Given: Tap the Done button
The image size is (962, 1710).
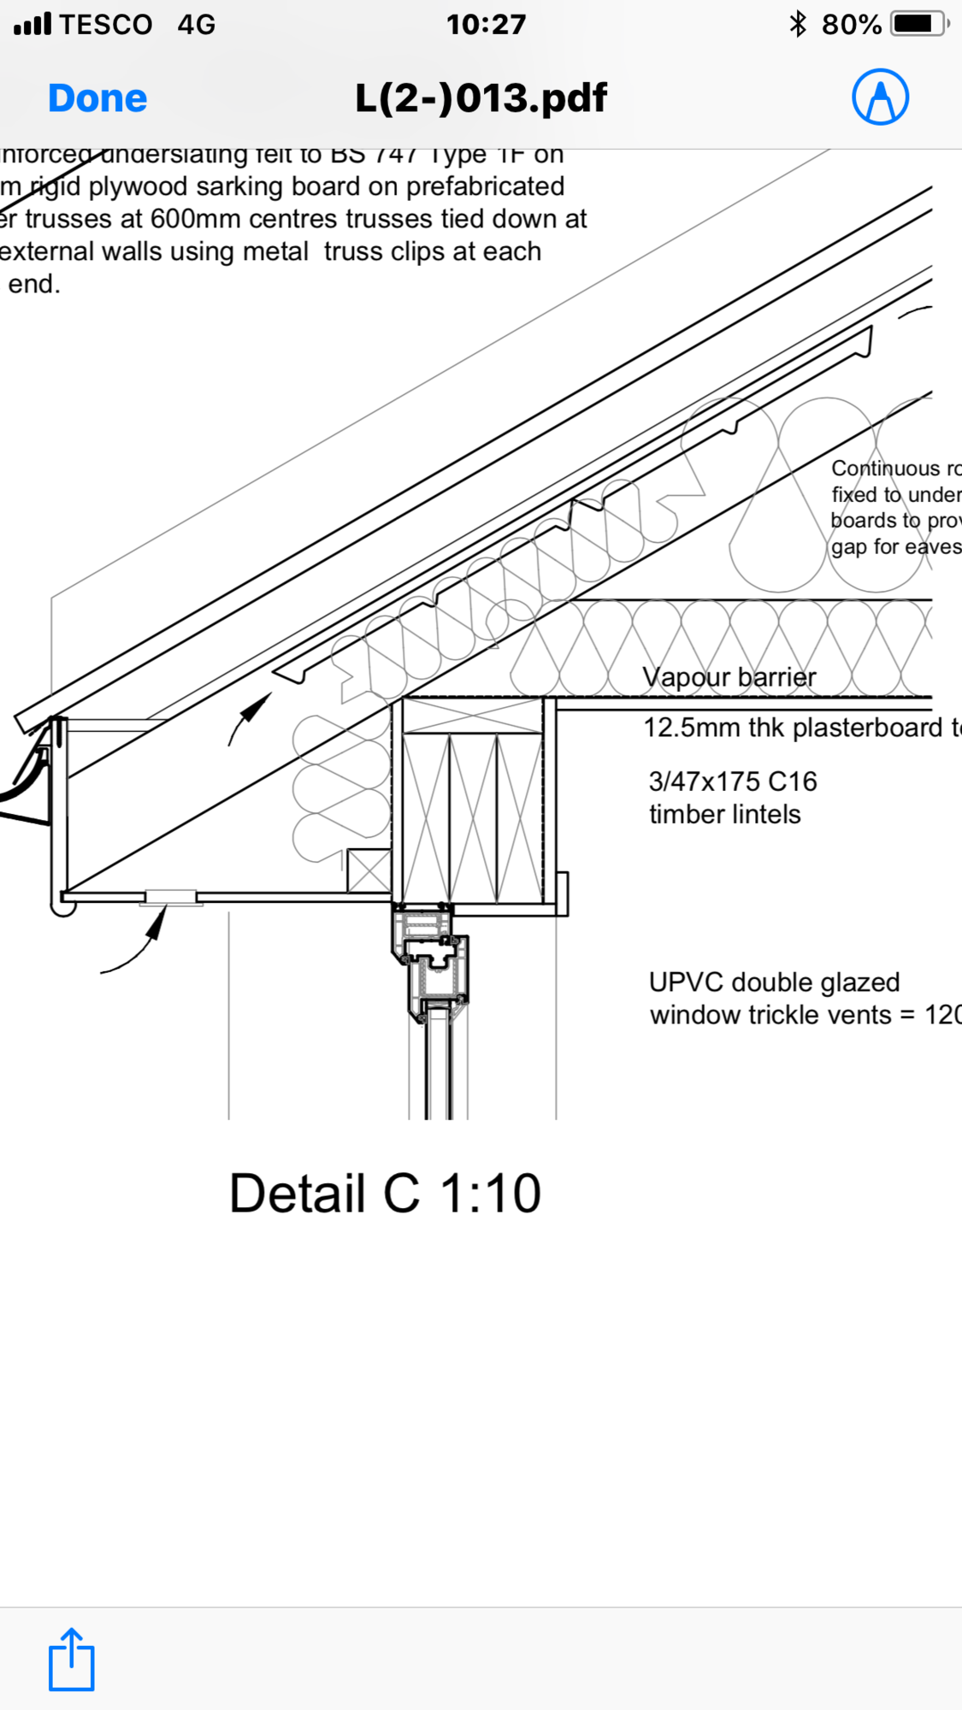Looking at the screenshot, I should point(97,98).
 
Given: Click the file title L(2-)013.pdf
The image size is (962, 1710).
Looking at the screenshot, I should point(481,98).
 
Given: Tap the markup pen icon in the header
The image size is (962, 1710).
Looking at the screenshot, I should point(880,97).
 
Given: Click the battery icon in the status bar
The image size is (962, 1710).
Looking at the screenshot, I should point(918,24).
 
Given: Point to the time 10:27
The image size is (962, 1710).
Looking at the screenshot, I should point(486,24).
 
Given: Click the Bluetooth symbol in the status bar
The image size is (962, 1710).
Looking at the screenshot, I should point(798,24).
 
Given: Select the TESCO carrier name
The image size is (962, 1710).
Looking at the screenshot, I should point(106,24).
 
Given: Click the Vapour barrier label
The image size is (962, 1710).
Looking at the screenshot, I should point(729,677).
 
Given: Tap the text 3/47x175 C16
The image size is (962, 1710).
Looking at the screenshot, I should point(732,781).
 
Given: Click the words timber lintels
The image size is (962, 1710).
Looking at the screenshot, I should point(724,814).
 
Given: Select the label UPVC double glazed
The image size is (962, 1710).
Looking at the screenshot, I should point(774,982).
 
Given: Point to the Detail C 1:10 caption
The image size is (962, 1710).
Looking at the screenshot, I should point(385,1194).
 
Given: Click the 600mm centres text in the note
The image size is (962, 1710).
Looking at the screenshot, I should point(232,219).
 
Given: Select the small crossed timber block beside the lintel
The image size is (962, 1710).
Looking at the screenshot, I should point(369,870).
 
